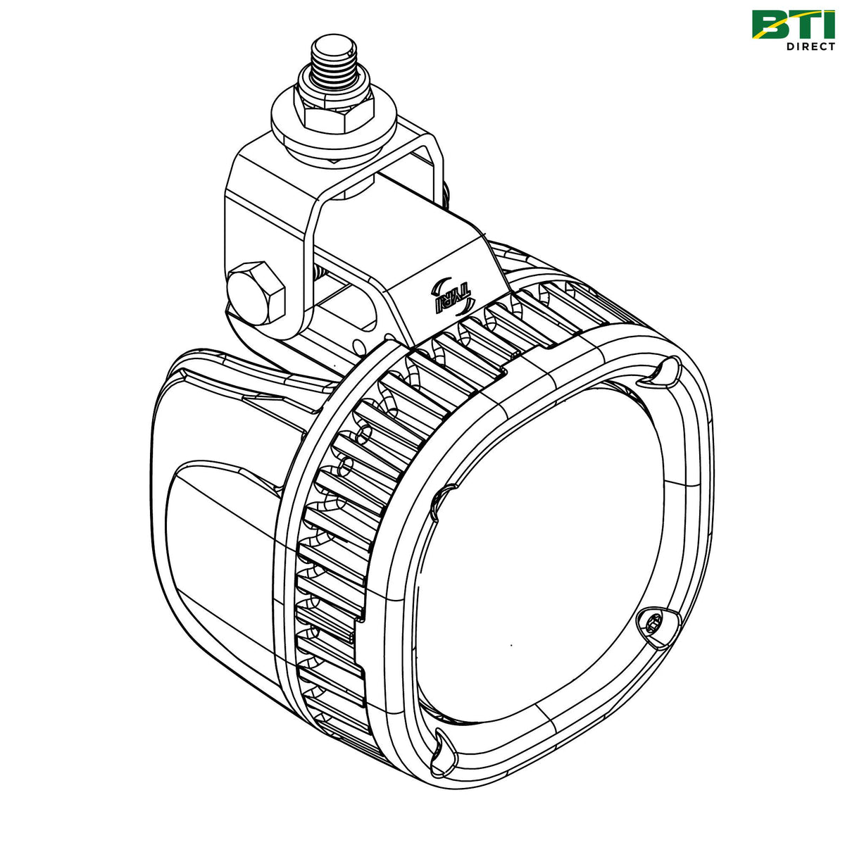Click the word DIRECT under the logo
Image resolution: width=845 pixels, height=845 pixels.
(x=810, y=46)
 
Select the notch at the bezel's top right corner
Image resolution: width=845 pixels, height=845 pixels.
(x=663, y=371)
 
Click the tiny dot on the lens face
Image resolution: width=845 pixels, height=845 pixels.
(x=511, y=644)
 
